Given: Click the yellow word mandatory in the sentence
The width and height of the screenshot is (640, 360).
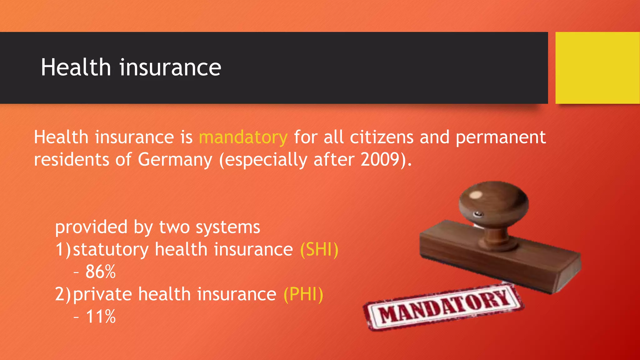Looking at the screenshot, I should [x=243, y=137].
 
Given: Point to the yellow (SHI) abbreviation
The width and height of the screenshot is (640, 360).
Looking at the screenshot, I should [x=319, y=250].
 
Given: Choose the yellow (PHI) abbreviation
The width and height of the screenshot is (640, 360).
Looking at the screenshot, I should [x=303, y=294].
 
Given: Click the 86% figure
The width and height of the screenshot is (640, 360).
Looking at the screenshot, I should [x=100, y=272].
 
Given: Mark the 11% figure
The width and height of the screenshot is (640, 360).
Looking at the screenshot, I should [x=100, y=317].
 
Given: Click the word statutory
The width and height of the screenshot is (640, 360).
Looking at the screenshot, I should [x=111, y=250].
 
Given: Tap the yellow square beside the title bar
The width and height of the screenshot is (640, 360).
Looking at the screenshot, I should [x=597, y=68].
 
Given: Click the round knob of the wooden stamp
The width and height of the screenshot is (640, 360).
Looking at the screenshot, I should [x=494, y=203].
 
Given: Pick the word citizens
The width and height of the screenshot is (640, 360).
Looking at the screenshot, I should [x=382, y=137].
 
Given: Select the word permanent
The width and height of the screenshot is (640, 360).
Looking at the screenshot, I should [x=501, y=138].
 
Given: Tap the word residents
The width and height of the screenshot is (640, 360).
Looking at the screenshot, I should [x=72, y=160].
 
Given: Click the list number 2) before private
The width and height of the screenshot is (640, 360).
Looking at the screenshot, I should [x=63, y=294].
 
